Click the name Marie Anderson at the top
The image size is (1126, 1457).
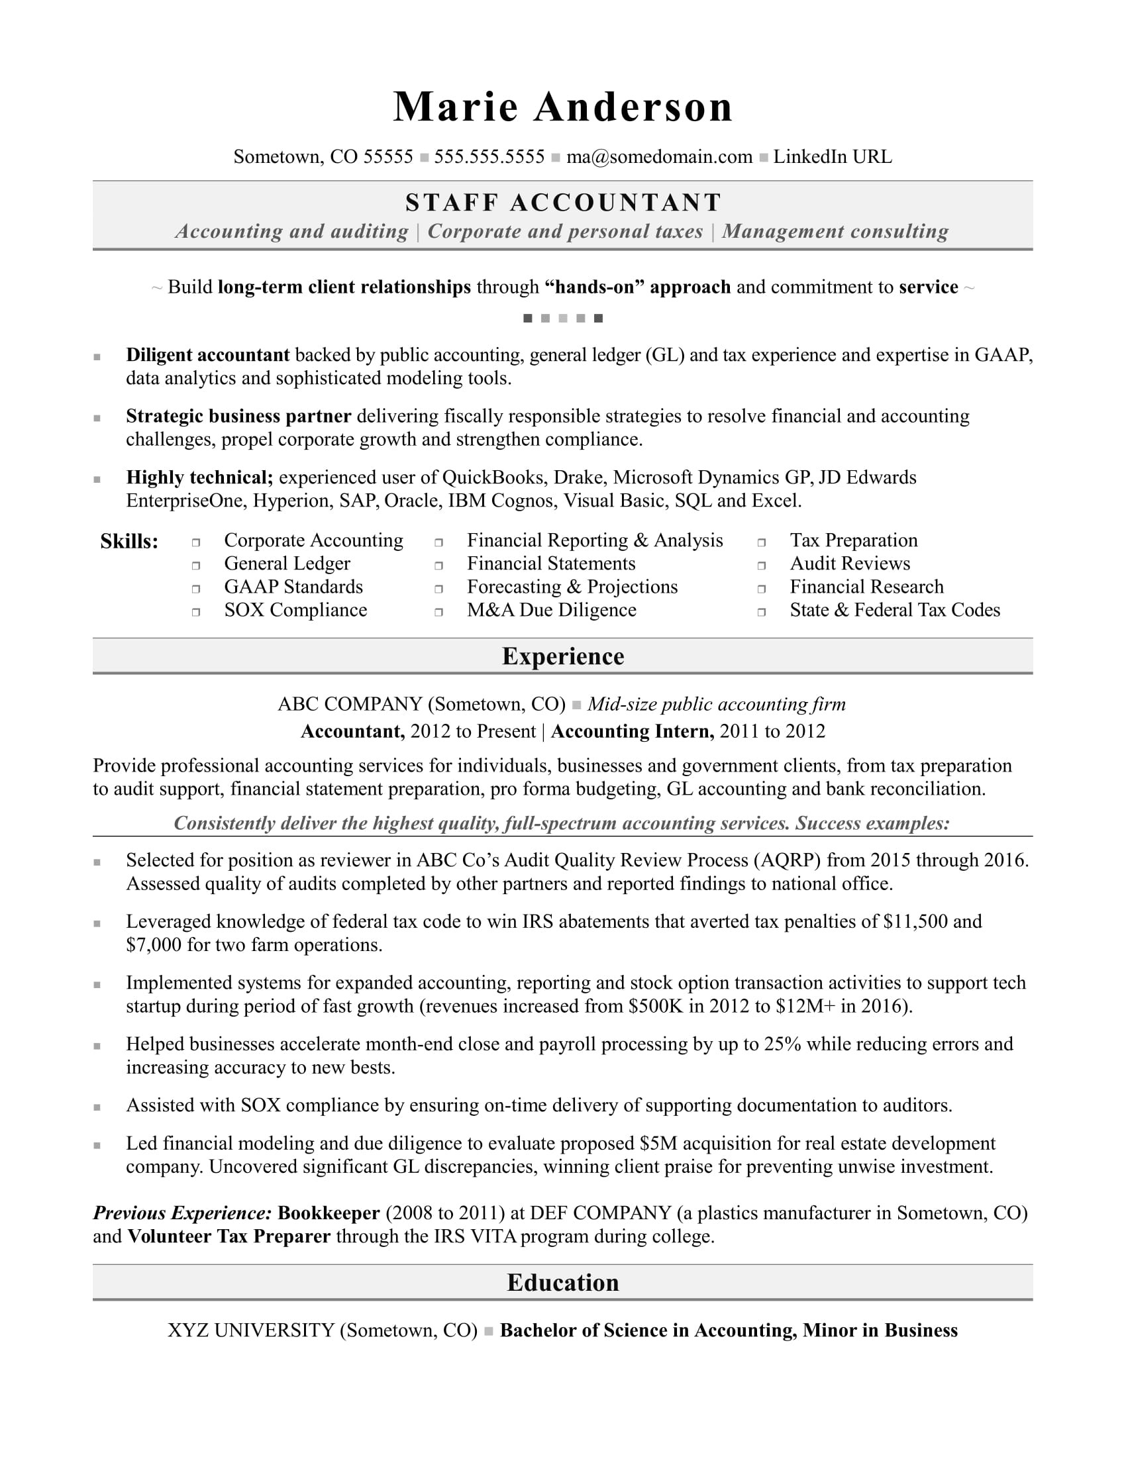[x=562, y=107]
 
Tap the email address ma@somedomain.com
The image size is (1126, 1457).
[x=658, y=157]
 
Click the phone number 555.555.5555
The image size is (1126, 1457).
[x=489, y=157]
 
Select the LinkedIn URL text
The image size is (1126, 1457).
[x=832, y=157]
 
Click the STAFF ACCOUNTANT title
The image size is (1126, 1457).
[x=563, y=203]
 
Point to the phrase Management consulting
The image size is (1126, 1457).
[x=835, y=232]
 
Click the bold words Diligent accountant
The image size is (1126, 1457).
[x=207, y=355]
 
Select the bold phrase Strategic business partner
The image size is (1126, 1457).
[x=238, y=417]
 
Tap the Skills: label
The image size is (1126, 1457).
[x=129, y=542]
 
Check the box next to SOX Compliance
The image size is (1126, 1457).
[x=196, y=612]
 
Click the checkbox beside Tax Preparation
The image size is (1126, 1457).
[x=761, y=542]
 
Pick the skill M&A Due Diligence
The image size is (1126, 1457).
[x=551, y=611]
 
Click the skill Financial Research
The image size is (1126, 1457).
[x=866, y=587]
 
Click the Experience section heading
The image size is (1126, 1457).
[x=563, y=656]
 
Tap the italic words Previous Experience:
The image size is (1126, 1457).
[x=182, y=1213]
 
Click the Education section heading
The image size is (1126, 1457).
[x=563, y=1283]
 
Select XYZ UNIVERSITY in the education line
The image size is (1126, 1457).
[x=251, y=1331]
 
